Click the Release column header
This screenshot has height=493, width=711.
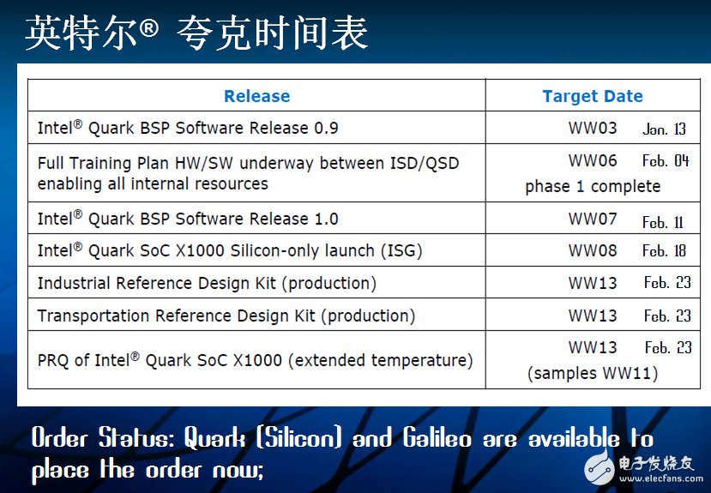(256, 96)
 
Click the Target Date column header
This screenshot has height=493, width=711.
(593, 96)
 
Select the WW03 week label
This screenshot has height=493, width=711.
(593, 128)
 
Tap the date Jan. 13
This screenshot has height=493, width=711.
(664, 129)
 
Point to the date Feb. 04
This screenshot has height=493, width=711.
(666, 161)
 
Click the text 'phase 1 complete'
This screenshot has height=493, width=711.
(593, 187)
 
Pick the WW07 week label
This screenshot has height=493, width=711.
(593, 219)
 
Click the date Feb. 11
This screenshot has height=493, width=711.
(662, 222)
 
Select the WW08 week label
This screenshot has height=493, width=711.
(593, 250)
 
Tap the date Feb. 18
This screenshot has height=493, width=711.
(665, 250)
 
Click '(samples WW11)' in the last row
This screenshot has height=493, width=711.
(593, 373)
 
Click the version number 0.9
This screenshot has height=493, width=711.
(327, 128)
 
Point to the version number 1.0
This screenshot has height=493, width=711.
(327, 219)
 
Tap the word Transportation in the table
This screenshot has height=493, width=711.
(93, 316)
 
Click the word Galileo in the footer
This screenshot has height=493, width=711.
(437, 439)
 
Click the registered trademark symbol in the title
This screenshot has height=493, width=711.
(148, 28)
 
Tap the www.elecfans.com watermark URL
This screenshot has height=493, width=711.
(661, 478)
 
